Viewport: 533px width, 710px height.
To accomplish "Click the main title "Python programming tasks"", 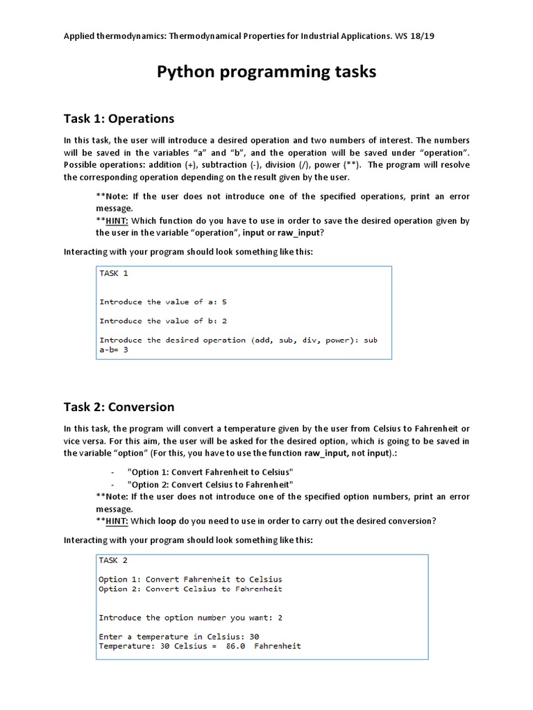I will click(x=266, y=72).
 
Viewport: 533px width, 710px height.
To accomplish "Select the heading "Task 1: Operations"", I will click(x=119, y=118).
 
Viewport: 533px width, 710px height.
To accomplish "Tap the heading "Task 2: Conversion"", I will click(x=119, y=406).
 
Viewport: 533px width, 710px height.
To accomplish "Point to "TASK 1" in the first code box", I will click(x=114, y=273).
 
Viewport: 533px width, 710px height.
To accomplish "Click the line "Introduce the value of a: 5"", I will click(x=163, y=302).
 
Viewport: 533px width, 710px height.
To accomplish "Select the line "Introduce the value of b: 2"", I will click(x=163, y=321).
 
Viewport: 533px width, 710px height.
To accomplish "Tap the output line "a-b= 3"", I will click(x=114, y=349).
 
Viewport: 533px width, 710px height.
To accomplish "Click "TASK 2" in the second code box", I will click(x=113, y=560).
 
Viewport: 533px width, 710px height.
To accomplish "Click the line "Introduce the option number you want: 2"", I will click(x=190, y=617).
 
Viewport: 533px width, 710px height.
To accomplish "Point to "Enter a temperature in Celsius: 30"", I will click(x=178, y=637).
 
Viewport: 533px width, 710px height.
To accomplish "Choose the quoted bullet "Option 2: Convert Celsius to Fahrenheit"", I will click(x=210, y=484).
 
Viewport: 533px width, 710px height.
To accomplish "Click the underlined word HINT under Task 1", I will click(x=115, y=220).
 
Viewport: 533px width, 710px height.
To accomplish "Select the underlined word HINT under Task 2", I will click(x=115, y=521).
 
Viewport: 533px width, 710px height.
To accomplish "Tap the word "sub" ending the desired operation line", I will click(x=371, y=340).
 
